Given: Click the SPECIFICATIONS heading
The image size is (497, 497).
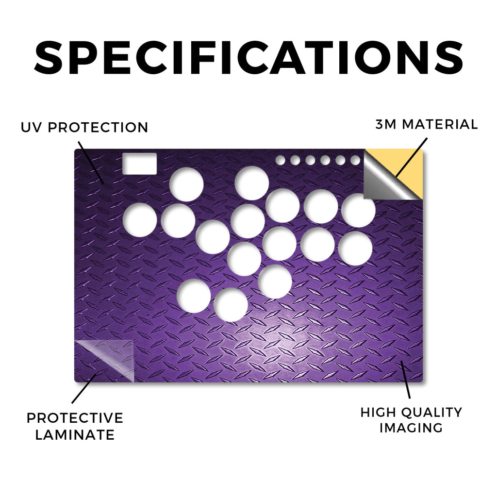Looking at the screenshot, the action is coord(248,57).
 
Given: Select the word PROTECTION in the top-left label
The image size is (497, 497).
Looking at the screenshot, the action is coord(98,128).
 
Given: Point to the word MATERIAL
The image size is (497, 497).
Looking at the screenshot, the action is coord(440,124).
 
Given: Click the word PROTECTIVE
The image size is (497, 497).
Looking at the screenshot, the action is coord(75,418).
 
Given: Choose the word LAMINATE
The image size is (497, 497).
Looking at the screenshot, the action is coord(75,435).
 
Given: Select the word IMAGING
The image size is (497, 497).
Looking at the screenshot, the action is coord(411,428).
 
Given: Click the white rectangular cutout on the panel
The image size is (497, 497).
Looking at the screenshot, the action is coord(139,164).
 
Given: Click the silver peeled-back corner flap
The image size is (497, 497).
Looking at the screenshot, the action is coord(383,182).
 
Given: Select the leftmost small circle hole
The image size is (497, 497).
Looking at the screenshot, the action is coord(280,160).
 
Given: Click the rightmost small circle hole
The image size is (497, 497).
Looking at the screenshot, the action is coord(355,160).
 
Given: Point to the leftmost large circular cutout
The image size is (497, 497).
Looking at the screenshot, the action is coord(140,220).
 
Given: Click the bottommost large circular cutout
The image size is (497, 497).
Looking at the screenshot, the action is coord(231,305).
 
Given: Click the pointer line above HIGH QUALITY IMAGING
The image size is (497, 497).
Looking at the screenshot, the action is coord(405,380).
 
